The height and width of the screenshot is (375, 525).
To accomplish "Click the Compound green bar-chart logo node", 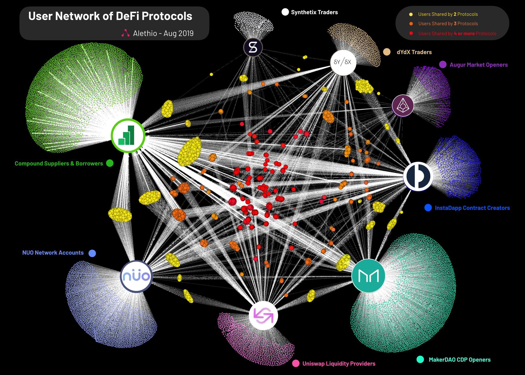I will [x=128, y=136].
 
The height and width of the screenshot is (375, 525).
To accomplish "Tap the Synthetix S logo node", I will [x=253, y=47].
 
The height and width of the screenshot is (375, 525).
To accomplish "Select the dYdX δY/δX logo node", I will [x=343, y=62].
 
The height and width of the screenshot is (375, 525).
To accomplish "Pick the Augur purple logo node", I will [x=403, y=105].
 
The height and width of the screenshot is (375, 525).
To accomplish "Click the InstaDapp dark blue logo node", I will [x=418, y=176].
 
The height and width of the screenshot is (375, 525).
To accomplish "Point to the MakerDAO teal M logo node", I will [x=368, y=276].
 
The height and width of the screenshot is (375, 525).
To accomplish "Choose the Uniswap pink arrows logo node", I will [x=263, y=316].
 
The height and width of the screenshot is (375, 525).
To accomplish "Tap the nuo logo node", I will [x=136, y=276].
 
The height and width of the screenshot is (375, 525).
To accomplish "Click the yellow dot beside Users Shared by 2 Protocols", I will [x=411, y=14].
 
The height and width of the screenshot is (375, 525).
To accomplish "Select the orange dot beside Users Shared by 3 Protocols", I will [x=411, y=24].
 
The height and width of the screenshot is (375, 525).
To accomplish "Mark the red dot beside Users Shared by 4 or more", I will [x=411, y=33].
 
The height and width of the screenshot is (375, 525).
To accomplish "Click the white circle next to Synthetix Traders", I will [x=285, y=12].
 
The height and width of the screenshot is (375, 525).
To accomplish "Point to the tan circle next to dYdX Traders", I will [x=387, y=52].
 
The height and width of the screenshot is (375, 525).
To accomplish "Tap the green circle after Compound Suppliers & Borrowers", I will [x=110, y=163].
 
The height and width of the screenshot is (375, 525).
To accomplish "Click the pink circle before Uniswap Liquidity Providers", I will [x=296, y=363].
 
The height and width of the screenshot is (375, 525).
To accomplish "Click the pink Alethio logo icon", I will [x=125, y=33].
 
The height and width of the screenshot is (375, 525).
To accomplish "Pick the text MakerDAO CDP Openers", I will [x=459, y=360].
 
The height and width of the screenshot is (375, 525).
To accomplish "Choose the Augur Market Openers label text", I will [x=479, y=65].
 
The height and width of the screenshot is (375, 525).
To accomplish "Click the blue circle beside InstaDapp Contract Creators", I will [x=428, y=208].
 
